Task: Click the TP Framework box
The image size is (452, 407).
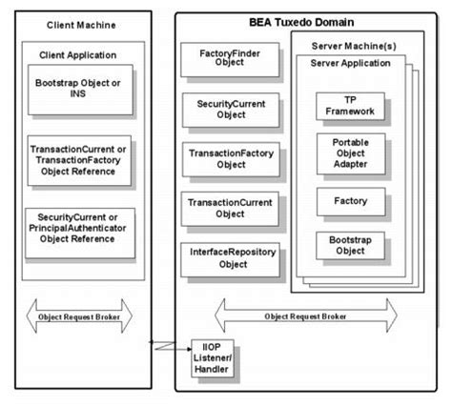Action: (x=350, y=106)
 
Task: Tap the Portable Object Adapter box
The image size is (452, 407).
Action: (x=350, y=154)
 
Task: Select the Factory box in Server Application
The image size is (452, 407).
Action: (x=350, y=201)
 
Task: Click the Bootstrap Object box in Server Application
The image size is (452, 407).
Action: (x=350, y=244)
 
